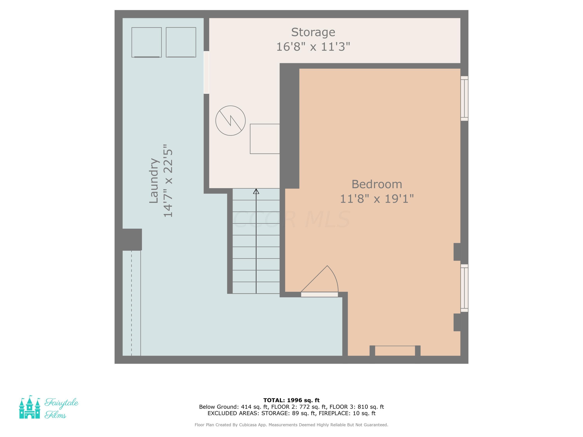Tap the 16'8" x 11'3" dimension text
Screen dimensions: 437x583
[x=313, y=47]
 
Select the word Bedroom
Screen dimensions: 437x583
[x=377, y=184]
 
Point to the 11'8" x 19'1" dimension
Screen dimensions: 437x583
[x=377, y=199]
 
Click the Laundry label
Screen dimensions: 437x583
[x=154, y=181]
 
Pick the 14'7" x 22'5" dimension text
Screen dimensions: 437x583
[x=168, y=181]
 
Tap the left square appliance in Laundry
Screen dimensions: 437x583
[x=147, y=42]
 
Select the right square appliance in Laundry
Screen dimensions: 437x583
[x=181, y=42]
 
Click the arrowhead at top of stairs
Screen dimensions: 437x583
[x=256, y=192]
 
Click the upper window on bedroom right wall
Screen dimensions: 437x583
[x=464, y=98]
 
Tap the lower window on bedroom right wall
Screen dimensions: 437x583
[x=464, y=288]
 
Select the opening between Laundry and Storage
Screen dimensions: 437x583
[x=206, y=72]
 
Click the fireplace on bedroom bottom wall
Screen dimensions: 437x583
[x=395, y=351]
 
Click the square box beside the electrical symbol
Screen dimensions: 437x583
[x=265, y=139]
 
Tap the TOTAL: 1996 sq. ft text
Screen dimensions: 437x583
[x=291, y=400]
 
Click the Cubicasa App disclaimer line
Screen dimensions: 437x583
[x=291, y=425]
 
